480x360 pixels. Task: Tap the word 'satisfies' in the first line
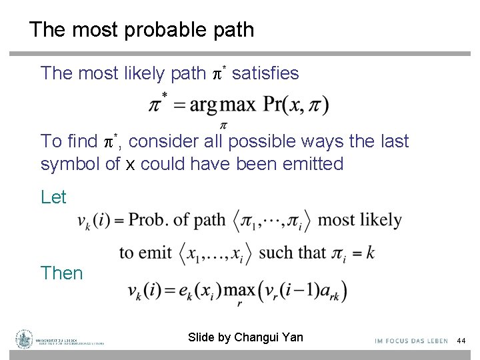[x=265, y=73]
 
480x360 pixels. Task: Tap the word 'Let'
[x=53, y=197]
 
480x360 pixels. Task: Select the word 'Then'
[x=61, y=273]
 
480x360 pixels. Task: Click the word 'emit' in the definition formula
[x=159, y=253]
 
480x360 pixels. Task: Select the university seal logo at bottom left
[x=25, y=339]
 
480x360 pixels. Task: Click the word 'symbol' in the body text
[x=64, y=164]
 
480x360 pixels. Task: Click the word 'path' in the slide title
[x=233, y=30]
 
